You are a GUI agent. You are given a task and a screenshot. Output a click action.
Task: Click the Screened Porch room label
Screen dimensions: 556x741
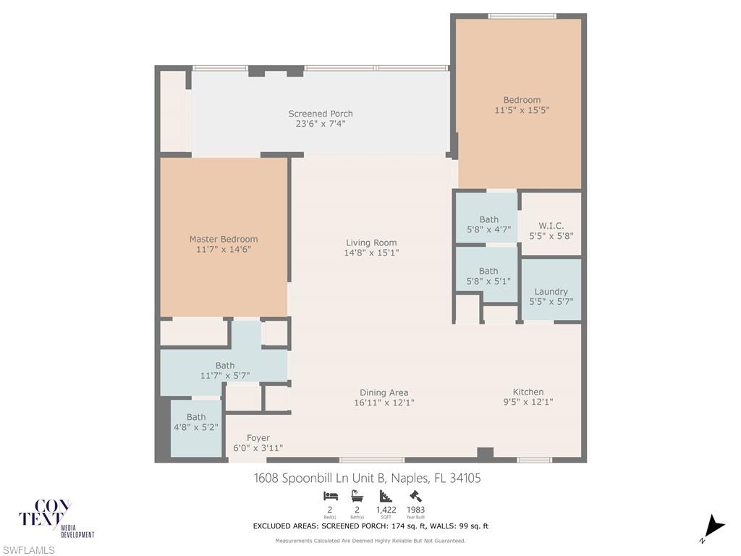(321, 114)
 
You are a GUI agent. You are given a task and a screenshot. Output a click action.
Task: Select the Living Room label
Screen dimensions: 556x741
(371, 243)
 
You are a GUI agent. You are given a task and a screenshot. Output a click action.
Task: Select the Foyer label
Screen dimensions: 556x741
(258, 438)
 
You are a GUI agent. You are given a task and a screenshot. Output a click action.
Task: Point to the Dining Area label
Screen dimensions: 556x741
(384, 392)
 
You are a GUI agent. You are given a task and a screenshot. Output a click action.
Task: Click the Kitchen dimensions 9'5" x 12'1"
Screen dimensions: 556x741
(528, 402)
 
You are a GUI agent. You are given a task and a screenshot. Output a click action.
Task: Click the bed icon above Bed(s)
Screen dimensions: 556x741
(330, 496)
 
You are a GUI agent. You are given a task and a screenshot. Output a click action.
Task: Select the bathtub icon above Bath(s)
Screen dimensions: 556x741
(356, 496)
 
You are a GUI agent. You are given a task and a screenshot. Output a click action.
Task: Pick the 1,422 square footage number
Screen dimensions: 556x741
(386, 510)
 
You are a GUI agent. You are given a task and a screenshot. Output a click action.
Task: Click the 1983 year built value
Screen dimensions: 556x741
(415, 510)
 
